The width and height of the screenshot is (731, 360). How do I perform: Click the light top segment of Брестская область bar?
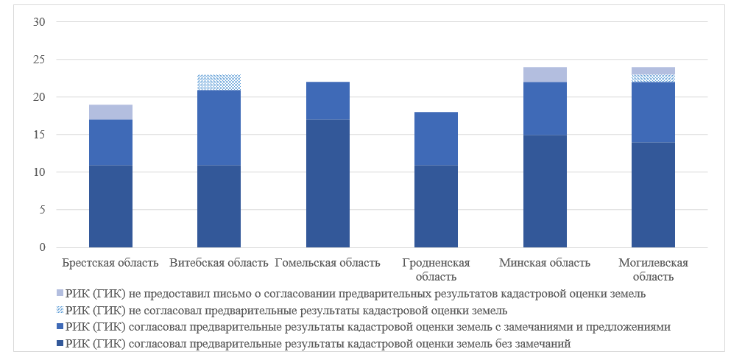click(110, 112)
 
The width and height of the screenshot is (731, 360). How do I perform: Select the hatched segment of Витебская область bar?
click(219, 82)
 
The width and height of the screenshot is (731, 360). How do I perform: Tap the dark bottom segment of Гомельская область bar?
click(328, 183)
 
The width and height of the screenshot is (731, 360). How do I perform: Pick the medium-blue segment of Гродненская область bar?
click(437, 138)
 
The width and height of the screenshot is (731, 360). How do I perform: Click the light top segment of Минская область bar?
click(545, 74)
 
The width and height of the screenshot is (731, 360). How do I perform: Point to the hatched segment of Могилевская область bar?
click(653, 78)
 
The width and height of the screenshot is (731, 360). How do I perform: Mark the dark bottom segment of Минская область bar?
click(545, 191)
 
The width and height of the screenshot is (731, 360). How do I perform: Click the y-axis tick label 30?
click(40, 22)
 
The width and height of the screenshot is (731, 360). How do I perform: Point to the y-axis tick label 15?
click(40, 135)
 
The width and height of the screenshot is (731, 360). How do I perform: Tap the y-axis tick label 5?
click(43, 210)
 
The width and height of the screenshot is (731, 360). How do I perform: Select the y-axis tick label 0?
click(43, 247)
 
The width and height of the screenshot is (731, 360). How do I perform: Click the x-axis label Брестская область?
click(110, 263)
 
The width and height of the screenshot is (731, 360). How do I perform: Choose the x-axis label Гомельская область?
click(328, 263)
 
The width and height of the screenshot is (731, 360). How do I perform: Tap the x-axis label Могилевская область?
click(653, 269)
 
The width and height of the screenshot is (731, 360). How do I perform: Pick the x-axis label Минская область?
click(545, 263)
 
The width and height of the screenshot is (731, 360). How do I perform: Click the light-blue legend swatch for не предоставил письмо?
click(60, 293)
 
